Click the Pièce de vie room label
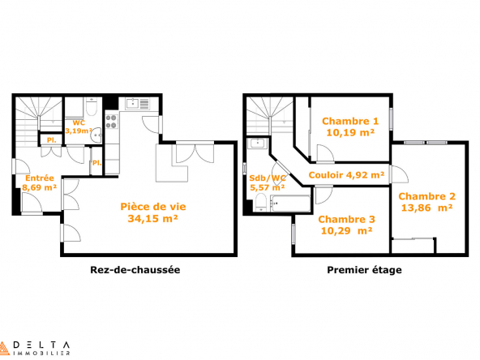tap(153, 207)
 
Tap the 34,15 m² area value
tap(153, 219)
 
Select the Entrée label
tap(40, 178)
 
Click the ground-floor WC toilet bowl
tap(92, 107)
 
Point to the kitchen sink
tap(132, 104)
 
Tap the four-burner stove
tap(112, 122)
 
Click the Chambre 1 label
tap(350, 122)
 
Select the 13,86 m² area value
tap(426, 208)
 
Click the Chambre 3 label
tap(346, 219)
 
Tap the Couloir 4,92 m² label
tap(346, 175)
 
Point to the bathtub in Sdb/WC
tap(290, 204)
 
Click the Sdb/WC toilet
tap(261, 203)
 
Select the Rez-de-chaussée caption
tap(135, 270)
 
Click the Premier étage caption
tap(364, 270)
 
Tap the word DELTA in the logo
tap(41, 345)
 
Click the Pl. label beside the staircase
tap(51, 140)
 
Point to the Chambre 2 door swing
tap(399, 174)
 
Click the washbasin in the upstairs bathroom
tap(258, 143)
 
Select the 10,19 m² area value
tap(350, 133)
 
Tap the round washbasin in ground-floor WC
tap(97, 135)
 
